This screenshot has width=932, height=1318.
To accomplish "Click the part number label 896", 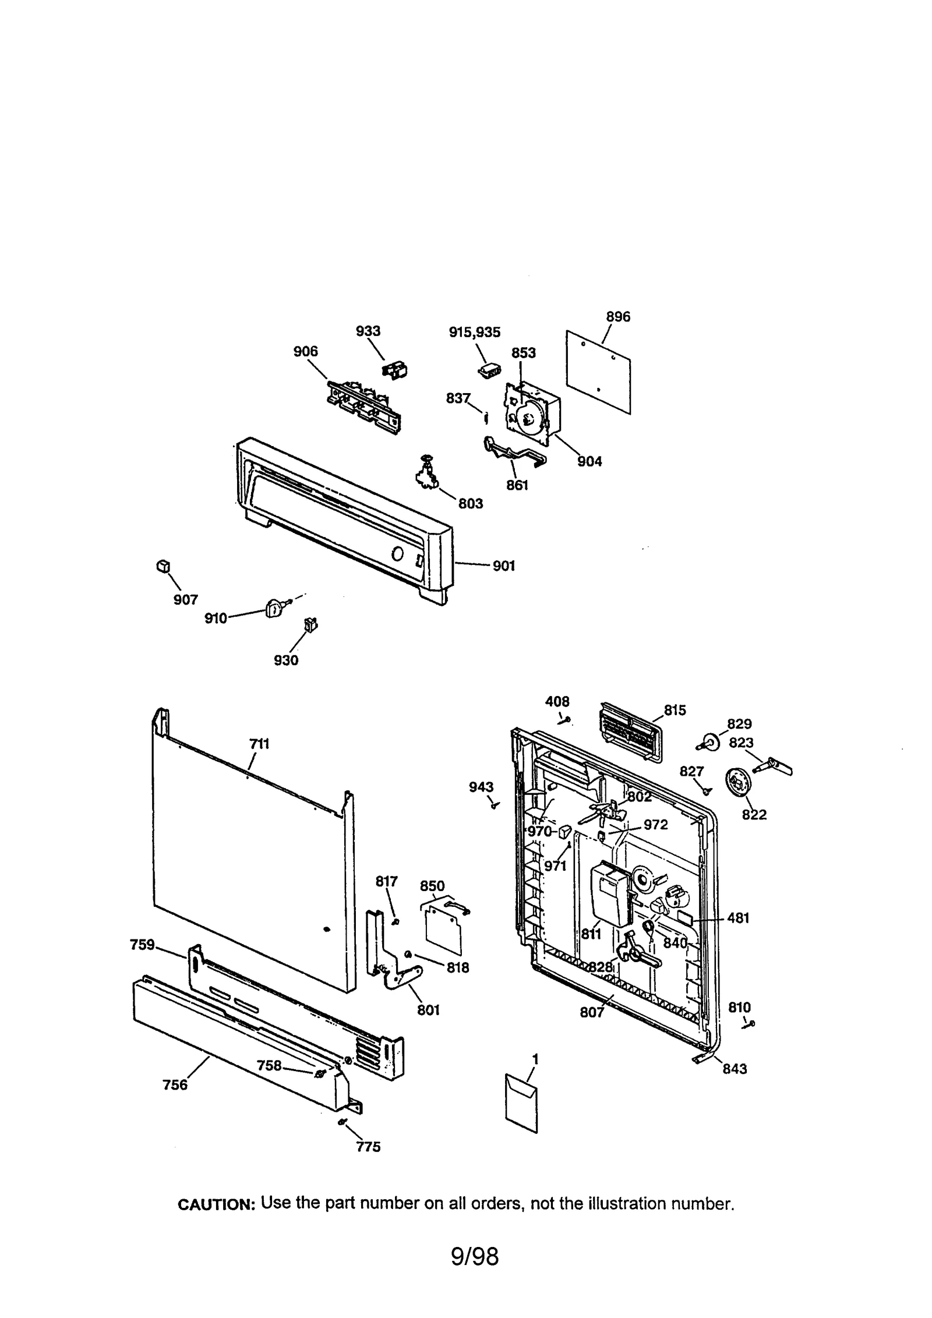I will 617,317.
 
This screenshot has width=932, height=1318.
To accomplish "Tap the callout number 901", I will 503,566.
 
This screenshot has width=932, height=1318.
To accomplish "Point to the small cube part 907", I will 163,566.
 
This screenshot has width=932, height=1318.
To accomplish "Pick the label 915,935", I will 474,332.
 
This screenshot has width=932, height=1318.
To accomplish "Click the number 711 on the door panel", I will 259,744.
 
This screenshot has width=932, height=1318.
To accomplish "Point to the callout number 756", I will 175,1084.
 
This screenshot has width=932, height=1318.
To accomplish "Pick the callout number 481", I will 738,918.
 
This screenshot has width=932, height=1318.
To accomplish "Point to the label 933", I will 368,331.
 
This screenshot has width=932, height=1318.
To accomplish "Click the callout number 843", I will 735,1069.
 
